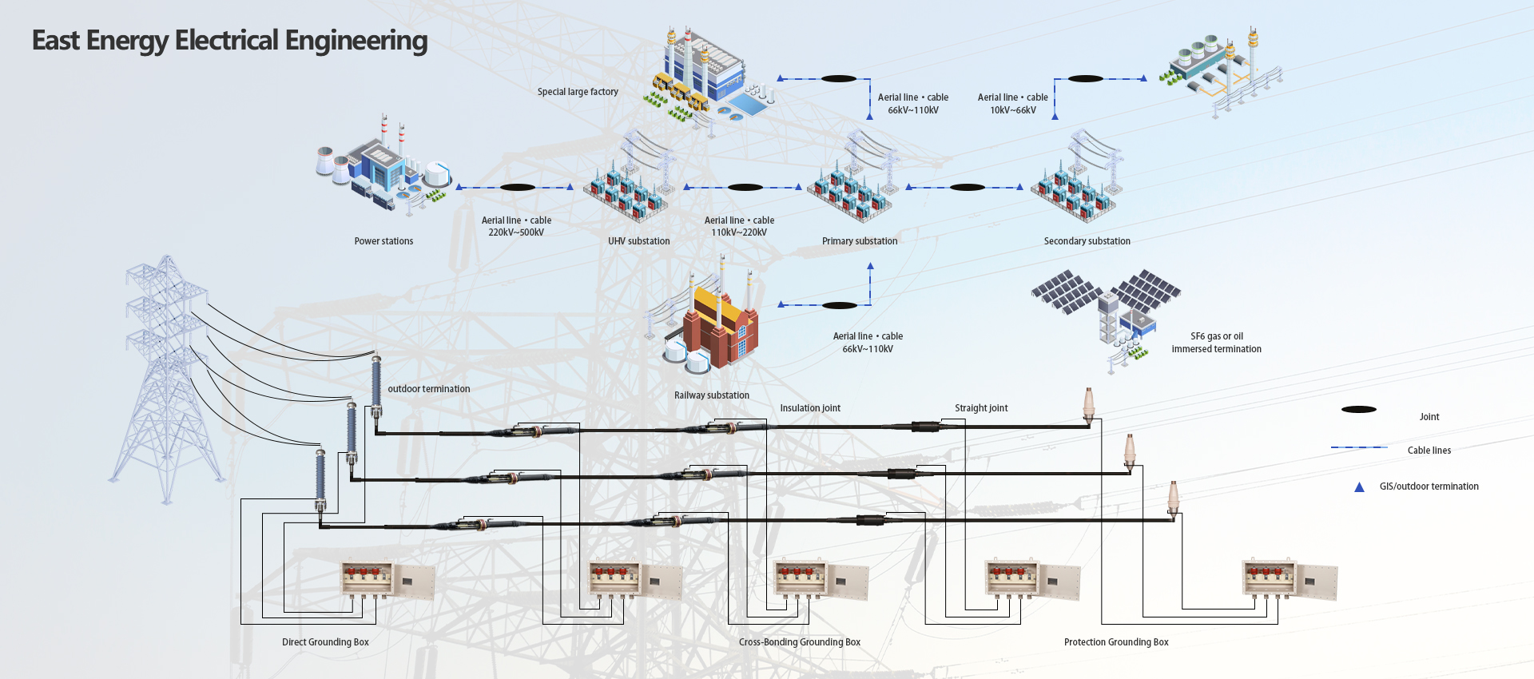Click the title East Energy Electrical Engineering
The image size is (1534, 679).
(x=229, y=41)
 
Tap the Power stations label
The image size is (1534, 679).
(x=383, y=241)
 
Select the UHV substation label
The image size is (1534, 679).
(x=638, y=241)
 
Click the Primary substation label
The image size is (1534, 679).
(x=860, y=241)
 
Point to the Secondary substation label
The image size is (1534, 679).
(x=1087, y=241)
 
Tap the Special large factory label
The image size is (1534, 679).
(x=578, y=92)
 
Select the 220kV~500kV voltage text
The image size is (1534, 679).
(x=516, y=232)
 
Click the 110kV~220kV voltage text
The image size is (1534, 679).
(x=739, y=232)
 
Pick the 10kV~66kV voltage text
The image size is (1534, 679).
(x=1013, y=110)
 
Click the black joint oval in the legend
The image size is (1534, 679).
(x=1358, y=410)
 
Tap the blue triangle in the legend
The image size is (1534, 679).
(x=1359, y=487)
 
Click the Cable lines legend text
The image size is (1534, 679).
(x=1429, y=451)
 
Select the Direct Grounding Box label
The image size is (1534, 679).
(x=325, y=642)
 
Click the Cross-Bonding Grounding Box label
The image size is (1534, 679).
(x=799, y=642)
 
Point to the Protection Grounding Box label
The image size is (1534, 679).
(x=1116, y=642)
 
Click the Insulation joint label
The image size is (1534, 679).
(x=810, y=408)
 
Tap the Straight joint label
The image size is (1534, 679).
(x=981, y=408)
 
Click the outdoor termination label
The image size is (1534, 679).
(x=429, y=389)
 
